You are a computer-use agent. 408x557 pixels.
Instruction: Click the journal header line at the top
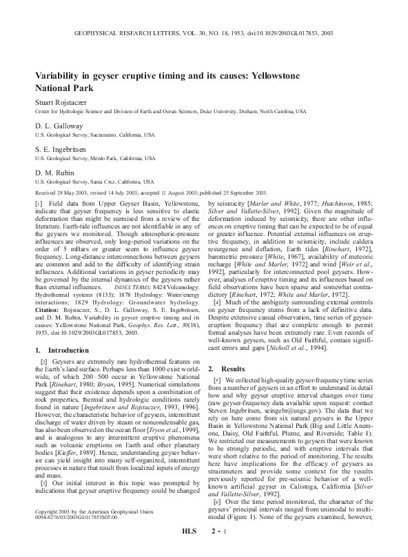tap(203, 32)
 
